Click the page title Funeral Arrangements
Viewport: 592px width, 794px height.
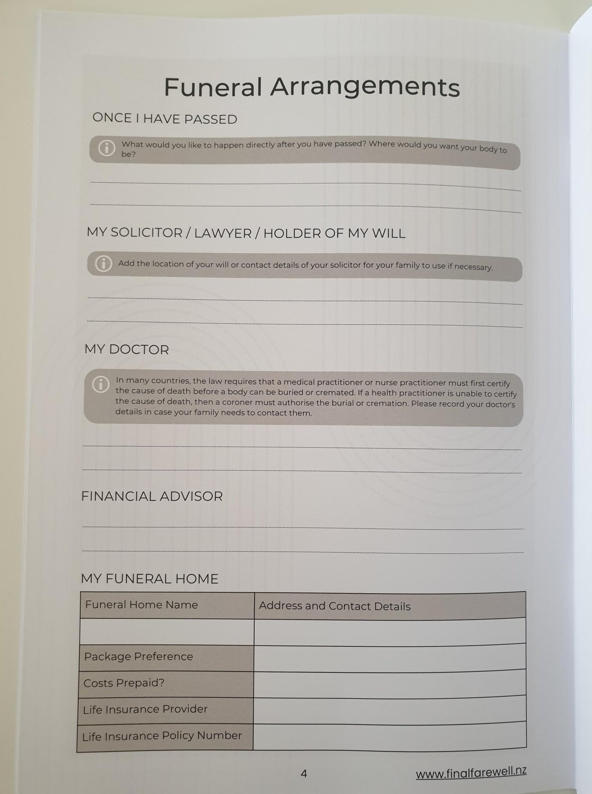click(312, 86)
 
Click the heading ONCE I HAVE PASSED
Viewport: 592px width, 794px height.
click(165, 118)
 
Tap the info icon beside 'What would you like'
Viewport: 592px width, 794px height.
click(107, 148)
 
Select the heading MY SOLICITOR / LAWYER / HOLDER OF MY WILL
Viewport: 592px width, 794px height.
click(246, 233)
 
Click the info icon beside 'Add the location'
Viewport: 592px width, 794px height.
click(103, 264)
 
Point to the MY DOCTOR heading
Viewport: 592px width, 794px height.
click(127, 350)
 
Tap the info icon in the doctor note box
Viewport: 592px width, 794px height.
click(101, 384)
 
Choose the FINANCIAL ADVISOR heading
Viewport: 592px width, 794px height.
click(152, 496)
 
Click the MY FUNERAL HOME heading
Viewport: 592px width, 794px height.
click(150, 579)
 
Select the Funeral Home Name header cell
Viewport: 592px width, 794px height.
click(141, 605)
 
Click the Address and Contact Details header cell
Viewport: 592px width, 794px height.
click(334, 606)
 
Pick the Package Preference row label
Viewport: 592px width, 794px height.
click(138, 656)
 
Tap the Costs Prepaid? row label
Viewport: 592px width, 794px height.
click(124, 683)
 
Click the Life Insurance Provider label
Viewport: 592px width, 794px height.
click(145, 709)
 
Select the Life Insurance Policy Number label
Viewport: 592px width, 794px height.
click(162, 736)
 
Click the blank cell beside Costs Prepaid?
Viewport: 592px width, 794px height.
click(389, 684)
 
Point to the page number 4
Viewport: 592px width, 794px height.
click(304, 774)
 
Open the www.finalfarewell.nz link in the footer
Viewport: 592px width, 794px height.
click(471, 772)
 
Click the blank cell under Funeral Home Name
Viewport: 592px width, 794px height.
click(167, 631)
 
